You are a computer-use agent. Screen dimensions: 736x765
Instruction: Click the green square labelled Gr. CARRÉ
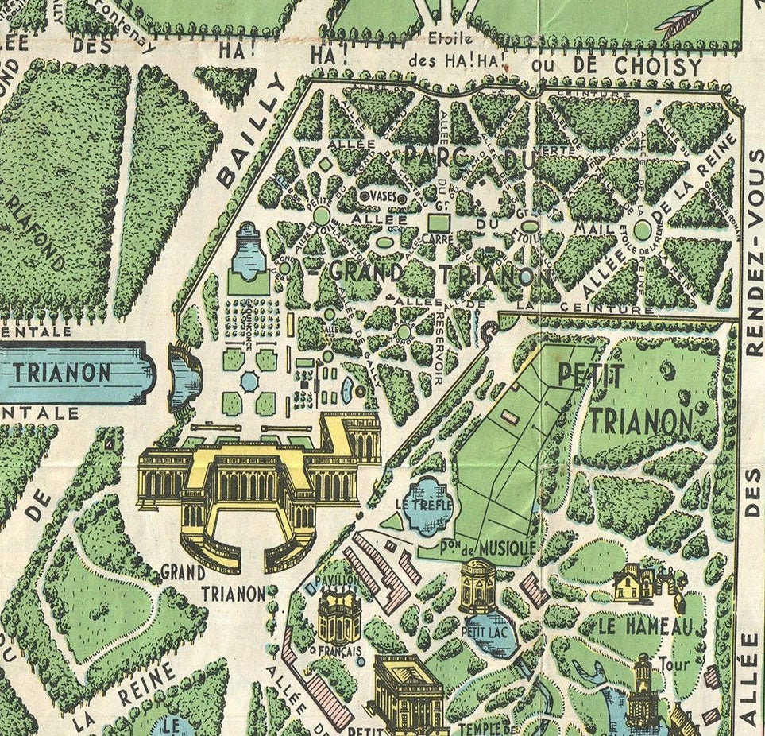(x=438, y=222)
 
